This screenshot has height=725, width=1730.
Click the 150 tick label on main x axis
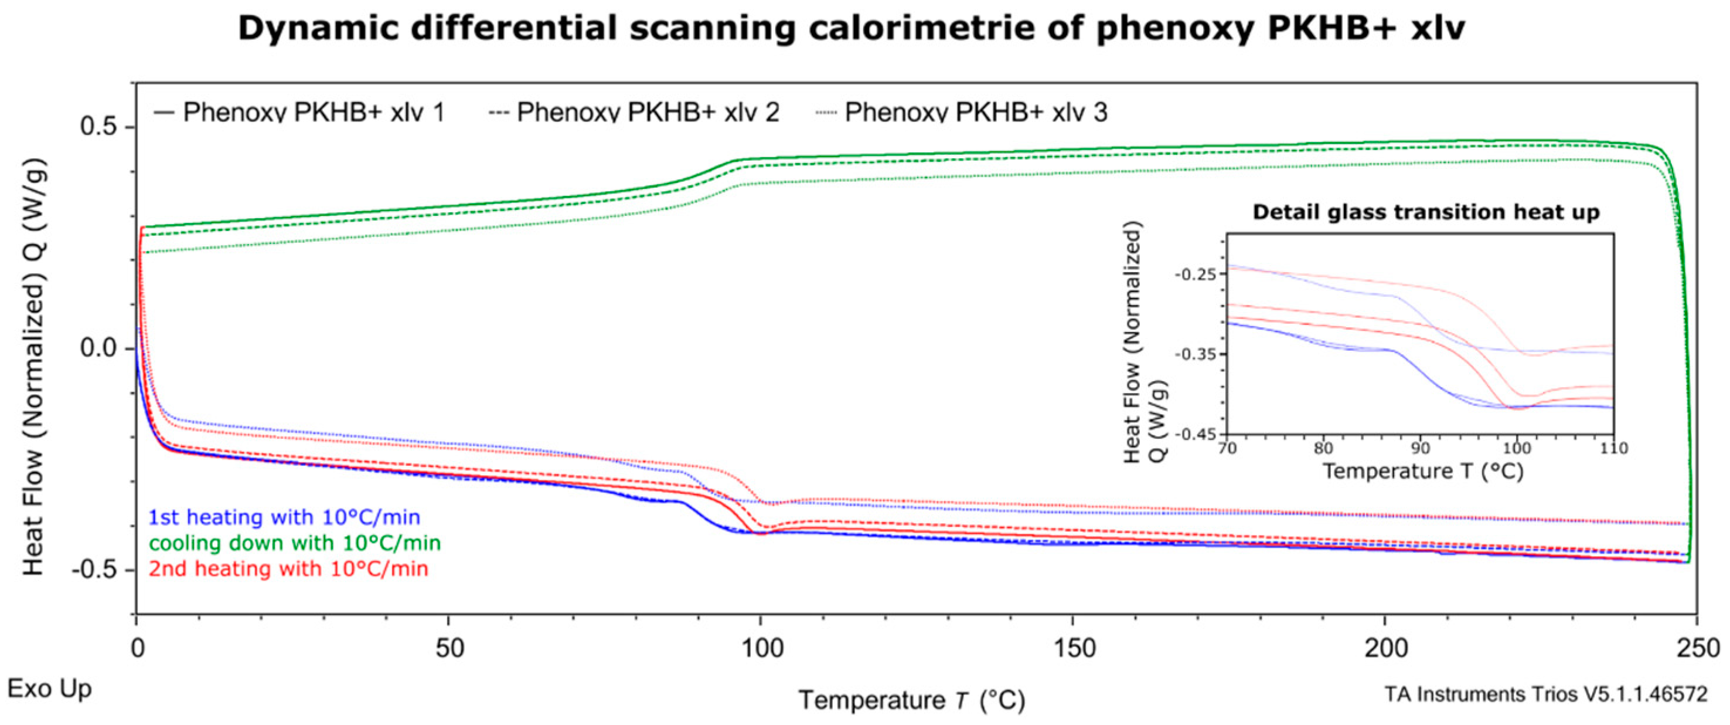[1072, 648]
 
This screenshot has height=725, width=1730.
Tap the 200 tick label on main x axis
[1386, 648]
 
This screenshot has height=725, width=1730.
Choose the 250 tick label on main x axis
[1698, 648]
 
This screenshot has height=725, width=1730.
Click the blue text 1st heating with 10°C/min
[284, 517]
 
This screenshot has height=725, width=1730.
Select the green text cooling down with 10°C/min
[295, 543]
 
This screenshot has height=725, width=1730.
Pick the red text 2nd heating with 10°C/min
[288, 568]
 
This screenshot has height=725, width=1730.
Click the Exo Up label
[50, 689]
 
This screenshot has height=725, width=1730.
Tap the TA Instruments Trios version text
[1545, 694]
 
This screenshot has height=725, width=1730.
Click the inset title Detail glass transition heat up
[1426, 212]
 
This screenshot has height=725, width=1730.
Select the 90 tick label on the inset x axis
[1420, 448]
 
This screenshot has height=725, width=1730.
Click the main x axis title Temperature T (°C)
[911, 701]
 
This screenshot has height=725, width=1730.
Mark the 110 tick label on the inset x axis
[1612, 448]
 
